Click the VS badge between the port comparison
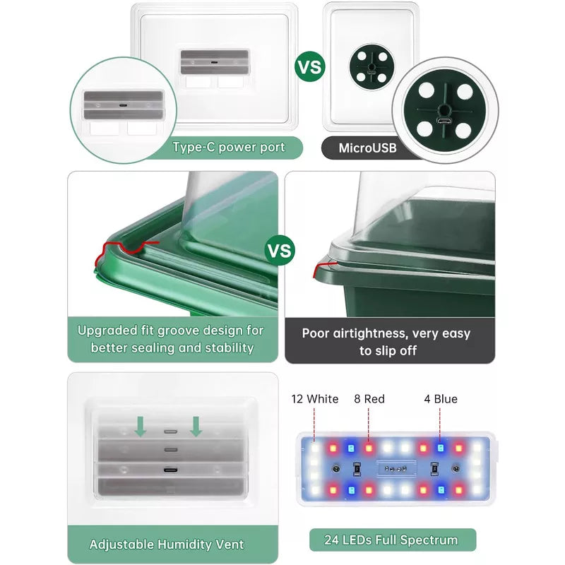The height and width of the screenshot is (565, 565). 309,66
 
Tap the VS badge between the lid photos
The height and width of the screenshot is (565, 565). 280,251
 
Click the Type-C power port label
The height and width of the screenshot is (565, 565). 229,148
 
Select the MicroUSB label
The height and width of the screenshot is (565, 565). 367,148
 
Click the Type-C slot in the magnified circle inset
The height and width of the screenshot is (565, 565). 123,105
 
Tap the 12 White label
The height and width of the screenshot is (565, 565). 315,399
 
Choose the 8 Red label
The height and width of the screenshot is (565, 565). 369,399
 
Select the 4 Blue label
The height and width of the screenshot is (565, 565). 441,399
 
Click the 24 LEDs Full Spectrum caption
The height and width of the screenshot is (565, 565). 391,540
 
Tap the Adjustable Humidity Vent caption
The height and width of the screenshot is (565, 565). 167,544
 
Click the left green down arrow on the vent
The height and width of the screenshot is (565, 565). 140,427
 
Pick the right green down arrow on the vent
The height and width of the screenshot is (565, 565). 196,427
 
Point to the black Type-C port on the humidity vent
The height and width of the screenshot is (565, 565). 170,470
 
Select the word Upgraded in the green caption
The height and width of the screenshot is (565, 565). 107,331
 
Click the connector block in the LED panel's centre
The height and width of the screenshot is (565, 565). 396,468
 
